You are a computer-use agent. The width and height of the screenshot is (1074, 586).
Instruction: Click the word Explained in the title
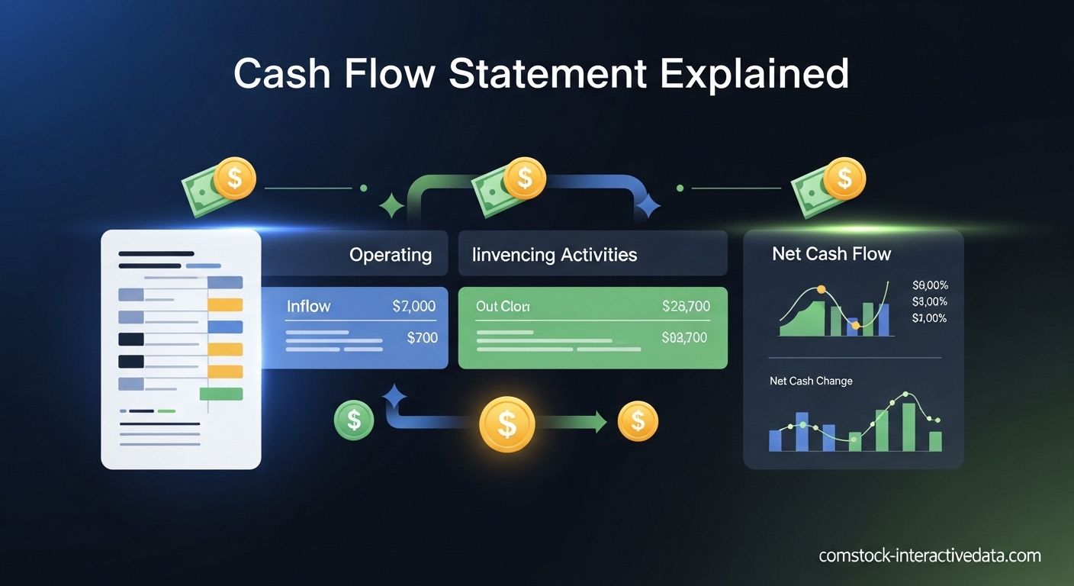click(753, 75)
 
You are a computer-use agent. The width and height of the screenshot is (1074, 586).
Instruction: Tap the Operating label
click(391, 254)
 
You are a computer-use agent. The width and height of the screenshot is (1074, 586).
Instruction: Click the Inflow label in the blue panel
click(308, 306)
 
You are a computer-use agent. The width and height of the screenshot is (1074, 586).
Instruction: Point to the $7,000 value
click(413, 306)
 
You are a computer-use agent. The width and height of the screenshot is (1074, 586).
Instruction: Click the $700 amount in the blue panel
click(422, 337)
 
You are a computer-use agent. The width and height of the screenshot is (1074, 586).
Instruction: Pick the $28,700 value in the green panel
click(686, 306)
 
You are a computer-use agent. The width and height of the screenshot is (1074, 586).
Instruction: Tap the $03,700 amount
click(684, 337)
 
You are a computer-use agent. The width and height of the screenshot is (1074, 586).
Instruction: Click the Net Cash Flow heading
click(831, 253)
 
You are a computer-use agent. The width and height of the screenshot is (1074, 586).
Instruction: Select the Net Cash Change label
click(811, 381)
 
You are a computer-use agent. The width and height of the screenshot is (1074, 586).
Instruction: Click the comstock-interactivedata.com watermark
click(929, 555)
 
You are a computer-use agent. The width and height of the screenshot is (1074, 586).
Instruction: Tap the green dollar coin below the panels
click(354, 419)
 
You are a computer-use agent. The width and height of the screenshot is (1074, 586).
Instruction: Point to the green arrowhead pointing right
click(601, 421)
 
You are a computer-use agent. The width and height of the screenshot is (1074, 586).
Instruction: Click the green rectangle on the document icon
click(220, 394)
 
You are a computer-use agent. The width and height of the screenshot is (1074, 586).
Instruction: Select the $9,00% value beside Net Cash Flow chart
click(929, 285)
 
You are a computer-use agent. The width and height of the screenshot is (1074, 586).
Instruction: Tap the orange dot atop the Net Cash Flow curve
click(822, 290)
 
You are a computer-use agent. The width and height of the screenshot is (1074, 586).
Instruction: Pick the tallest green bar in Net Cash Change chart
click(908, 427)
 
